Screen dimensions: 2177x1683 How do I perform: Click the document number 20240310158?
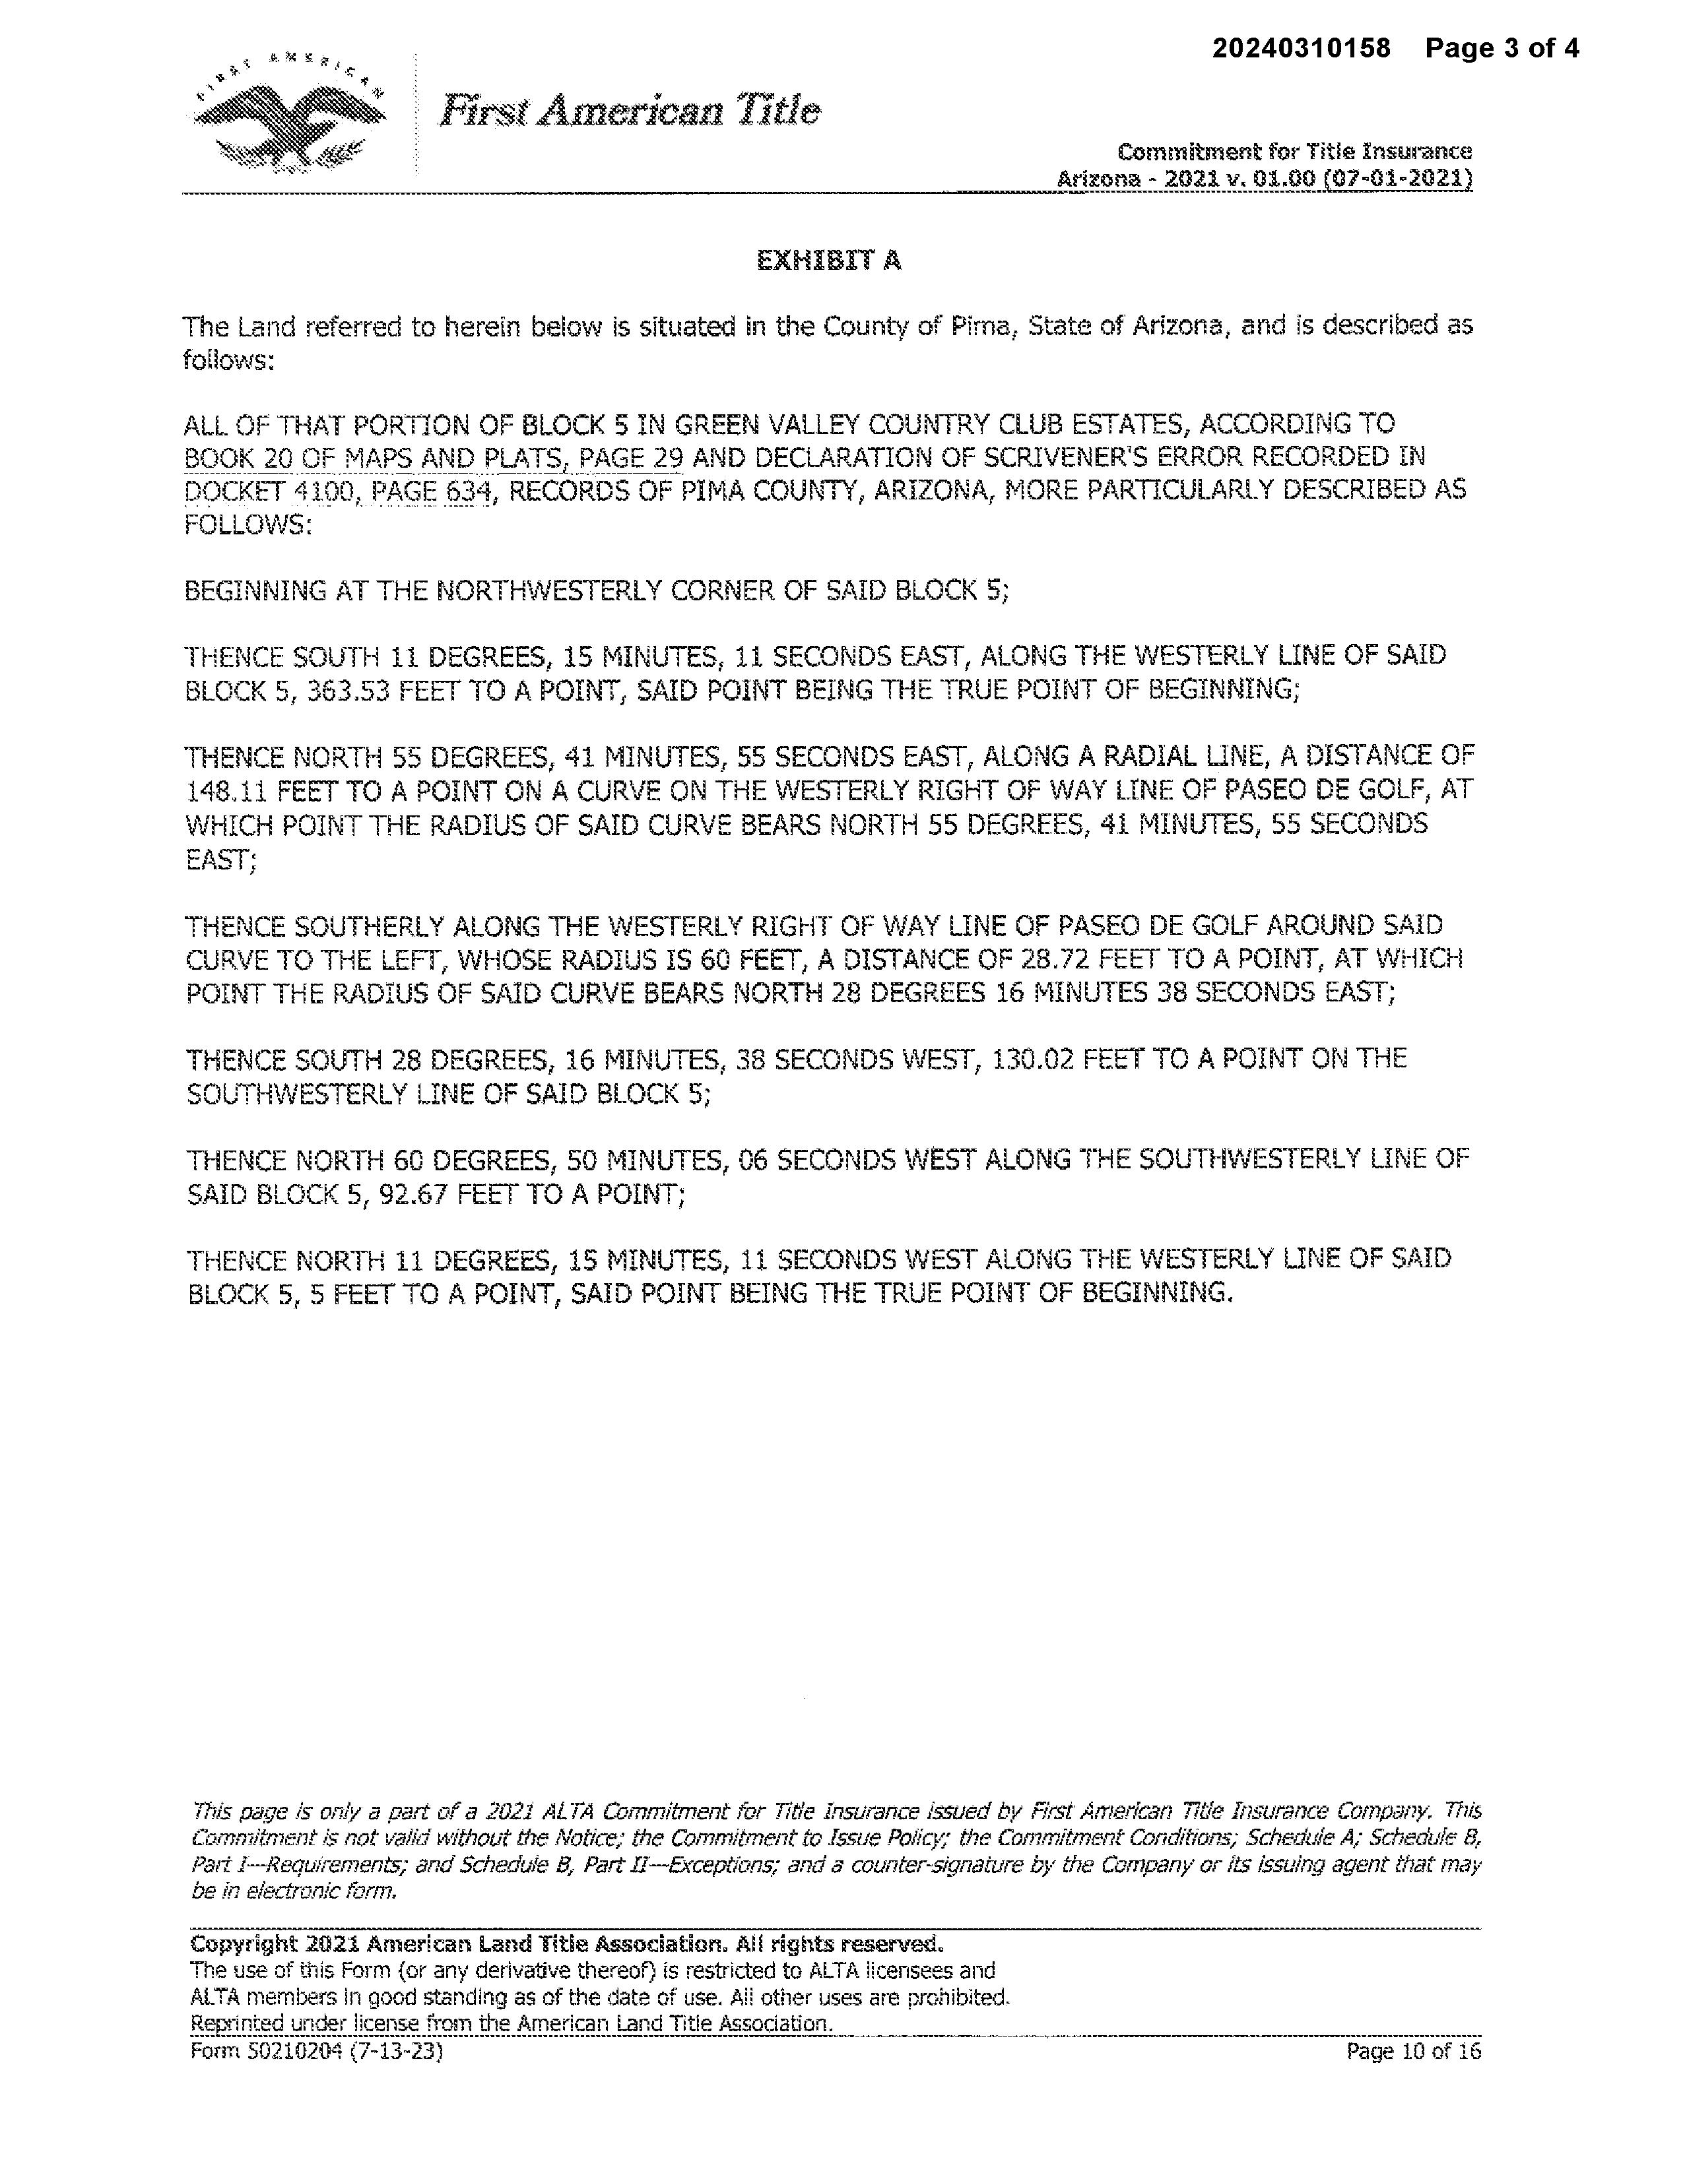tap(1300, 48)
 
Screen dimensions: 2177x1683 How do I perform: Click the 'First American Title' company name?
tap(630, 110)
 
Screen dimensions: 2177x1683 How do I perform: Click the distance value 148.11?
tap(225, 790)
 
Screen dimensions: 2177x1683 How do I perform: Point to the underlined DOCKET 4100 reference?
tap(269, 491)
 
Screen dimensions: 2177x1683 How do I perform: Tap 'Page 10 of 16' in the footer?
tap(1413, 2052)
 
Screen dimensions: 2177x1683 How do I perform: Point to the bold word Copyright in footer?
tap(244, 1945)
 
